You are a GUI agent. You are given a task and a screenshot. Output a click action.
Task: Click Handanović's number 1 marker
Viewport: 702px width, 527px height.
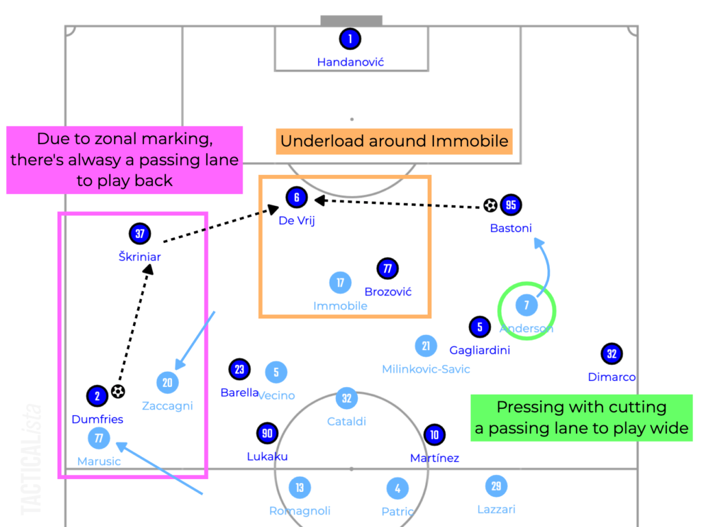pyautogui.click(x=350, y=38)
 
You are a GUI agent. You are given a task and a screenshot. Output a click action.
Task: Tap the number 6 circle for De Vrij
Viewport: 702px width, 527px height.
pyautogui.click(x=296, y=198)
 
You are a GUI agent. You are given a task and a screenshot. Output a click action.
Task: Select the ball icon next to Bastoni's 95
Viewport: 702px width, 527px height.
pyautogui.click(x=490, y=204)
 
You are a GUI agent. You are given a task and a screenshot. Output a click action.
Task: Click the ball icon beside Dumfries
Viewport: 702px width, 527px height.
pyautogui.click(x=119, y=392)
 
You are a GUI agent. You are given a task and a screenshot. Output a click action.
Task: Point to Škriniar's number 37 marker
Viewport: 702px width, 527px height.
pyautogui.click(x=140, y=234)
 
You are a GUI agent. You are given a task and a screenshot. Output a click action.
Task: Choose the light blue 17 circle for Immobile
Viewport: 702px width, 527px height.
pyautogui.click(x=340, y=283)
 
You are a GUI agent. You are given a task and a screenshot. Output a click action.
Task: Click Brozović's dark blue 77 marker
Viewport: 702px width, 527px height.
pyautogui.click(x=387, y=269)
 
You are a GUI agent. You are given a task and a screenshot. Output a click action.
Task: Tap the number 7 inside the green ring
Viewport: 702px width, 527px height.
pyautogui.click(x=526, y=305)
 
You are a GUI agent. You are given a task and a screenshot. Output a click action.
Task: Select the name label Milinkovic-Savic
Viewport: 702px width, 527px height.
pyautogui.click(x=426, y=369)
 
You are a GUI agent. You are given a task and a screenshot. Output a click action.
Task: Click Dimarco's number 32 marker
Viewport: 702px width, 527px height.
pyautogui.click(x=612, y=354)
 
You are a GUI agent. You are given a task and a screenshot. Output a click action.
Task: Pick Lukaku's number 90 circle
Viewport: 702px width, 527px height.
pyautogui.click(x=267, y=434)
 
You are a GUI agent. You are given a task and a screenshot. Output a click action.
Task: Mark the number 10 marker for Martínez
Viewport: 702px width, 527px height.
pyautogui.click(x=435, y=434)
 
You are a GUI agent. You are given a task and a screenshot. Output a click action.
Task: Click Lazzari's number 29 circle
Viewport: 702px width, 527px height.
pyautogui.click(x=496, y=487)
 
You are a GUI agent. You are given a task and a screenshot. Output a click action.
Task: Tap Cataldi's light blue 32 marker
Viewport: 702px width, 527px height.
pyautogui.click(x=347, y=399)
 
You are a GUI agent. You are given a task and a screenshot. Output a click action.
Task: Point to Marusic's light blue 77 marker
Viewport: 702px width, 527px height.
pyautogui.click(x=99, y=437)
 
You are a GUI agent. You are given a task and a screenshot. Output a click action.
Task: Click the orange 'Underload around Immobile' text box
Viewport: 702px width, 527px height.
pyautogui.click(x=394, y=142)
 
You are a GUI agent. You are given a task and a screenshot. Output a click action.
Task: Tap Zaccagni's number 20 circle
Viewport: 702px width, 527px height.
pyautogui.click(x=167, y=383)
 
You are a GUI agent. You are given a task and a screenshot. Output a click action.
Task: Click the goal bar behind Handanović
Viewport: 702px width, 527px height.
pyautogui.click(x=352, y=21)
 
